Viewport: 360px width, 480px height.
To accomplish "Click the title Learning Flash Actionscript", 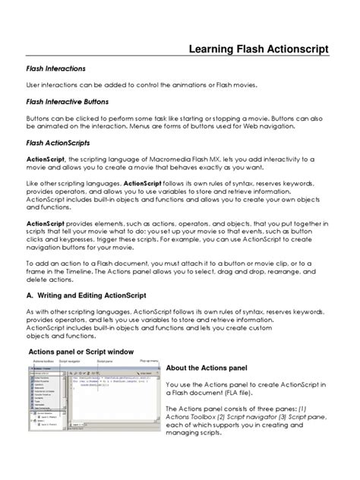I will (258, 49).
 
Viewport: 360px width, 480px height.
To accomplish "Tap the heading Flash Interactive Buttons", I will (68, 101).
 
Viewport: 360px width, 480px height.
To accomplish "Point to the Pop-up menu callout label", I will (147, 362).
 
